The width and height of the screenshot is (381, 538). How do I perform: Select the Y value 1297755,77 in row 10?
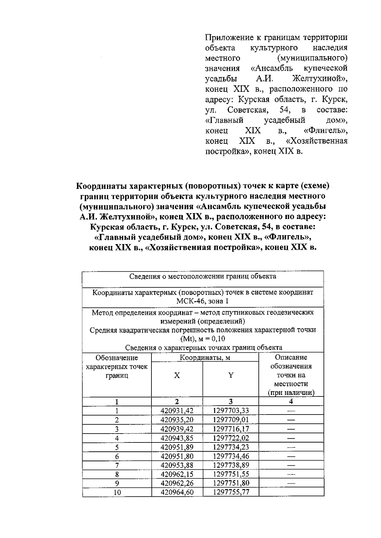coord(231,492)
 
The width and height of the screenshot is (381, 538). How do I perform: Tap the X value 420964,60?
coord(177,492)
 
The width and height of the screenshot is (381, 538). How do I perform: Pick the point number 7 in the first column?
coord(117,465)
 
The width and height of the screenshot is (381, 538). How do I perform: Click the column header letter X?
coord(177,375)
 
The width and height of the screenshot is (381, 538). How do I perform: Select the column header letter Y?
coord(231,375)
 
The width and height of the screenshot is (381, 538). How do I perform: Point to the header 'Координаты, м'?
coord(205,358)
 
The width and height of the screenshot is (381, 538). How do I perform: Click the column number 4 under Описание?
coord(291,402)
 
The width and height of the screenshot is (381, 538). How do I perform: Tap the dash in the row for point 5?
coord(291,447)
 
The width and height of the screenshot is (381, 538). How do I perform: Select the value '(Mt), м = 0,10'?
coord(203,339)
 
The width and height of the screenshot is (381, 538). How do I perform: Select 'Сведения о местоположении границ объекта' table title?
coord(203,276)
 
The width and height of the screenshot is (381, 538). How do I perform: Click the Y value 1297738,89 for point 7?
coord(231,465)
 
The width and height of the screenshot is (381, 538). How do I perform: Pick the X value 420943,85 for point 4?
coord(177,438)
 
